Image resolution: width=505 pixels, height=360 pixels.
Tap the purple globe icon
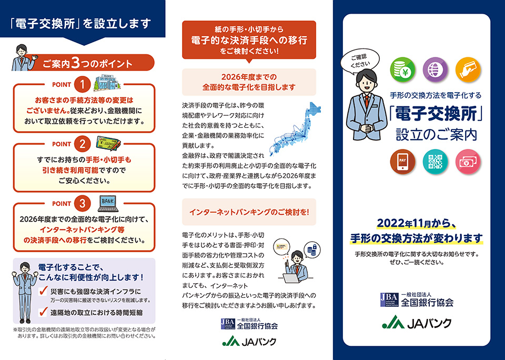(435, 69)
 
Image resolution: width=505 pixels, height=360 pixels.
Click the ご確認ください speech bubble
(357, 61)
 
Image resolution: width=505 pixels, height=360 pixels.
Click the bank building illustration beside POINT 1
(107, 84)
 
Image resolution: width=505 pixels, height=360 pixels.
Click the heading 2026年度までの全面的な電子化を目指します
(249, 82)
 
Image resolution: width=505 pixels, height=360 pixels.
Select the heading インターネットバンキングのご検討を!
(249, 212)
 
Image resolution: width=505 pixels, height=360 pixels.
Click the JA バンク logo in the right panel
(417, 322)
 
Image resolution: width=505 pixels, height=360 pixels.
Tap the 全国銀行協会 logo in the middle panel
(249, 324)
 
